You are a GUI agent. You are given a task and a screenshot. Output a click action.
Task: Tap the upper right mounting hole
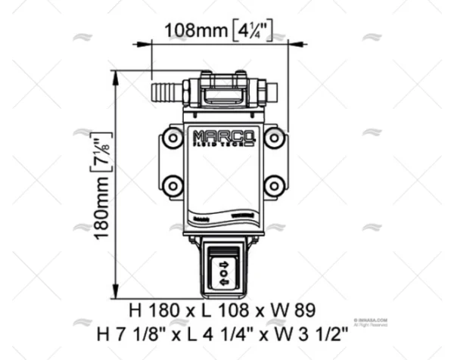[273, 138]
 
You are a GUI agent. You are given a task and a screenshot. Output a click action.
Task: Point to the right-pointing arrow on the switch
[224, 263]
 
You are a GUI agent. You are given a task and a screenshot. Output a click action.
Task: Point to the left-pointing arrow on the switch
[224, 282]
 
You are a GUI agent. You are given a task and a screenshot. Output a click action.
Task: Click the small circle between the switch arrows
[224, 273]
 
